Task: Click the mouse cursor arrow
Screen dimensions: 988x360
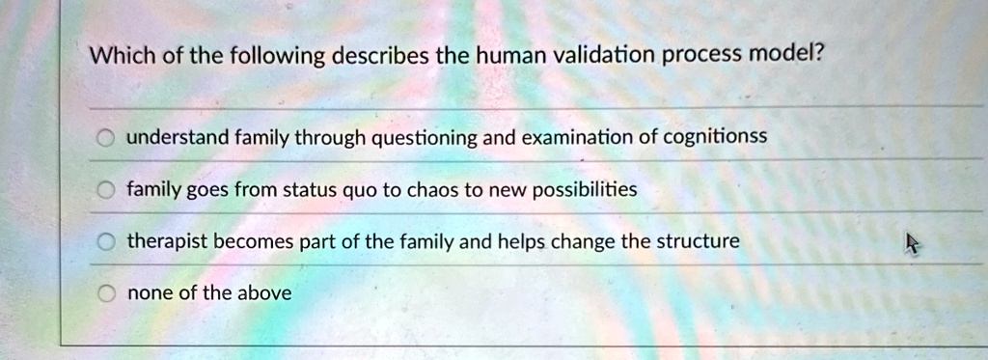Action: tap(912, 242)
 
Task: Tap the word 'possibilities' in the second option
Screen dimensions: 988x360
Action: tap(585, 190)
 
